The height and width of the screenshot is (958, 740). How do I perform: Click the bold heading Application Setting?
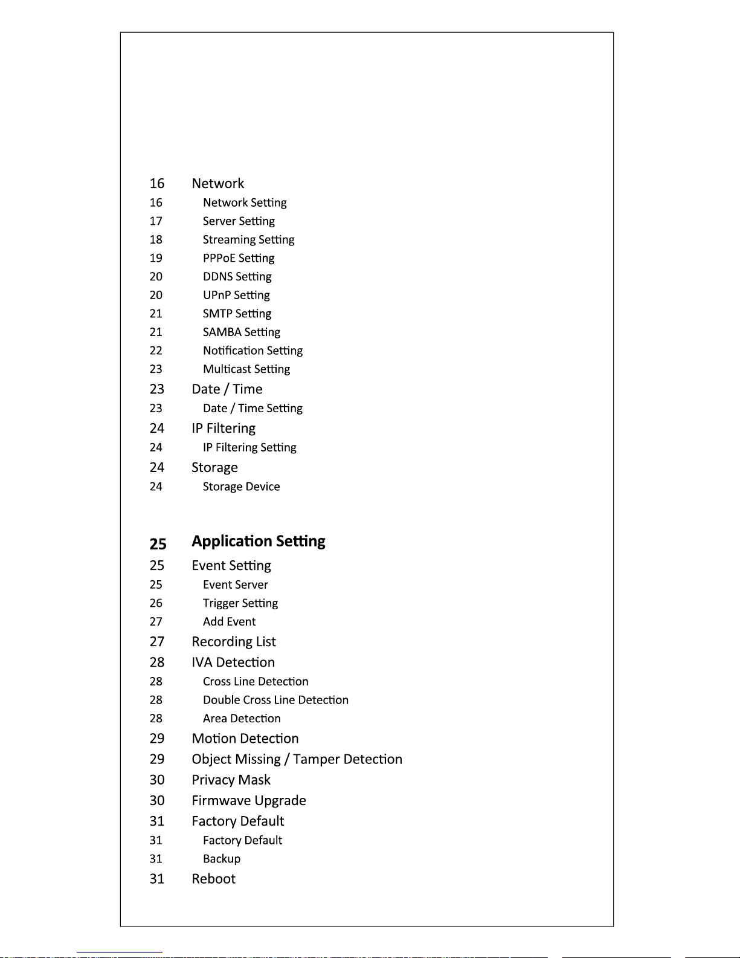pyautogui.click(x=259, y=541)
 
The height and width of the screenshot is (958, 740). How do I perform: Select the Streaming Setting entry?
pyautogui.click(x=248, y=240)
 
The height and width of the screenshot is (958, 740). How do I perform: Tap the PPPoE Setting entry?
pyautogui.click(x=239, y=258)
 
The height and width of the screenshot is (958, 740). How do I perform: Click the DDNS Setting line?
pyautogui.click(x=237, y=277)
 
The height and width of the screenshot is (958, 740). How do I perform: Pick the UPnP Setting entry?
pyautogui.click(x=236, y=295)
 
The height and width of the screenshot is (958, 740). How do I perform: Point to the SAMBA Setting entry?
pyautogui.click(x=242, y=332)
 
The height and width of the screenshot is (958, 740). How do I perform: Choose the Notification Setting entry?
pyautogui.click(x=253, y=351)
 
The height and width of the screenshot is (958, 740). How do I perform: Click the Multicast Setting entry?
pyautogui.click(x=246, y=369)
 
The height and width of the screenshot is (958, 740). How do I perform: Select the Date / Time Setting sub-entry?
pyautogui.click(x=253, y=409)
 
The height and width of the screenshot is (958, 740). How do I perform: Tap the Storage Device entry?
pyautogui.click(x=241, y=487)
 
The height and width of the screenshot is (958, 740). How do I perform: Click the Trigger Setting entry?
pyautogui.click(x=240, y=603)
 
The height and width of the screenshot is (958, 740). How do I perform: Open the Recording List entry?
pyautogui.click(x=234, y=642)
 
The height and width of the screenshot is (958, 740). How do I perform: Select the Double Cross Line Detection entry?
pyautogui.click(x=275, y=700)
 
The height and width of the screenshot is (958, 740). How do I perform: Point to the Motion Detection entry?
pyautogui.click(x=245, y=739)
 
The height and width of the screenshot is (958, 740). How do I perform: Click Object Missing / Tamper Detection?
pyautogui.click(x=297, y=759)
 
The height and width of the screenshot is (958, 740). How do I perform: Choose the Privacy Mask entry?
pyautogui.click(x=231, y=780)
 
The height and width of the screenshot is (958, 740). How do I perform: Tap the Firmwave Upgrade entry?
pyautogui.click(x=249, y=801)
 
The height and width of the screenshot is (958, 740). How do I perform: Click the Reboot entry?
pyautogui.click(x=213, y=879)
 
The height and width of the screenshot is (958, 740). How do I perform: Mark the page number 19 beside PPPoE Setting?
pyautogui.click(x=156, y=258)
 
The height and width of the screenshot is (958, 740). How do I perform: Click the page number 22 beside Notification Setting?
pyautogui.click(x=156, y=351)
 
